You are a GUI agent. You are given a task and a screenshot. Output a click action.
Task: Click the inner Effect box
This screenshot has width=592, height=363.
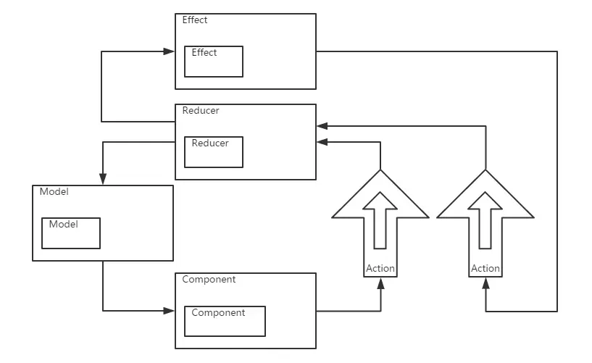click(x=214, y=62)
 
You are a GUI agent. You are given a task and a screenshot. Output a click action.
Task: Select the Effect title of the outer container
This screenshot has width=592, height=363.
click(x=195, y=20)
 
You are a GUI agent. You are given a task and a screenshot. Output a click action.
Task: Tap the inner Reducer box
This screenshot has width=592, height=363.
click(x=214, y=151)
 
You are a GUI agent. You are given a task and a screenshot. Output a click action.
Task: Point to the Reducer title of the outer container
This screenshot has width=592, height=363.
click(x=201, y=111)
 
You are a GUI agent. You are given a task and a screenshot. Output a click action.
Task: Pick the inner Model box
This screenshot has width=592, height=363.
click(x=70, y=233)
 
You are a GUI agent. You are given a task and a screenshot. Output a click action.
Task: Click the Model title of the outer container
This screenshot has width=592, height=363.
click(x=54, y=192)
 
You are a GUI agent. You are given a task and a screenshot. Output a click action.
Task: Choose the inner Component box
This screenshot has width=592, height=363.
click(x=225, y=321)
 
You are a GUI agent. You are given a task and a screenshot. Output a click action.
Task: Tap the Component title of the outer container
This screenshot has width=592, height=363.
click(x=209, y=280)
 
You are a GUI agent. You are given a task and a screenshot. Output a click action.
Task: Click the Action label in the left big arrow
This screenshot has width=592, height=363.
click(x=380, y=268)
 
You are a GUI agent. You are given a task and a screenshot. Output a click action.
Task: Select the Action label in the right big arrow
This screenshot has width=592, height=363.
click(x=485, y=268)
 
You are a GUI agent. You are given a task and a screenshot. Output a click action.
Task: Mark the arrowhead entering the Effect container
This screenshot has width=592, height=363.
click(x=170, y=51)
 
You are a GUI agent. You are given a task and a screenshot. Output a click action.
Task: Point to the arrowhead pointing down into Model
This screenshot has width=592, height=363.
click(x=103, y=179)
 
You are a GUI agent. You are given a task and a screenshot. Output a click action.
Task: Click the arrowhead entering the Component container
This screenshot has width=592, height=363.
click(x=170, y=311)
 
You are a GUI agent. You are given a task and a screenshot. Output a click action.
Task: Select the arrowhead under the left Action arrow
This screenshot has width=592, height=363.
click(x=380, y=282)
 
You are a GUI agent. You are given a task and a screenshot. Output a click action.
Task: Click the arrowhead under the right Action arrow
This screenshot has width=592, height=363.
click(x=485, y=282)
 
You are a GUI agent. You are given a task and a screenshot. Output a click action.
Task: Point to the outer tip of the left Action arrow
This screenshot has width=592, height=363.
click(x=380, y=172)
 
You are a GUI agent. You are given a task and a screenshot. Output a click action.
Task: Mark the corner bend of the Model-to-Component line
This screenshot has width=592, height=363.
click(x=103, y=311)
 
